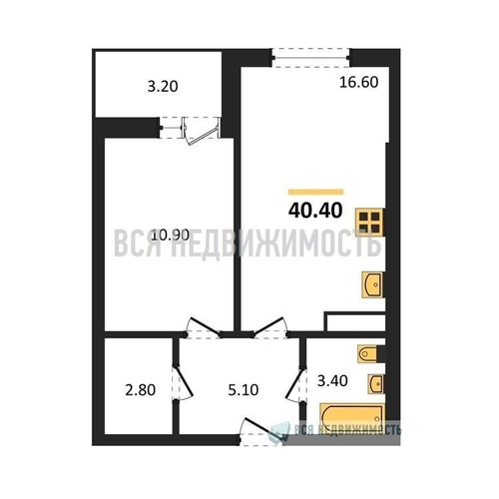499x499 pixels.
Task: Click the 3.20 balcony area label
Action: (x=163, y=87)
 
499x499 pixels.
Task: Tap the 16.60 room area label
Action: (x=359, y=82)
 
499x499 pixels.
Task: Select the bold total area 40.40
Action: (x=315, y=211)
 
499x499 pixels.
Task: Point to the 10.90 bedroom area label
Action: (x=171, y=236)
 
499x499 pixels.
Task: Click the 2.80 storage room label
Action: (x=141, y=390)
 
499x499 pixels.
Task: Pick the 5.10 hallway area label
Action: (x=244, y=390)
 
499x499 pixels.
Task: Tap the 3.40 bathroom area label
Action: (x=332, y=380)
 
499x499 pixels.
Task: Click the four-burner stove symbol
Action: (x=370, y=223)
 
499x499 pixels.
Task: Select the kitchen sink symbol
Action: (x=372, y=284)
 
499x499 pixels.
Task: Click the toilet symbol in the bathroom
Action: (x=367, y=354)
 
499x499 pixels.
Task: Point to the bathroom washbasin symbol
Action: (x=376, y=383)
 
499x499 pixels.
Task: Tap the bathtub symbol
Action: (x=352, y=416)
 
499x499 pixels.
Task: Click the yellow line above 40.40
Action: (x=315, y=192)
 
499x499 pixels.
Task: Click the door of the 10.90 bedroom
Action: (x=203, y=326)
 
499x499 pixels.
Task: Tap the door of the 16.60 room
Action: (x=269, y=326)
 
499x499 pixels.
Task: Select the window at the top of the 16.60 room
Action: (x=310, y=58)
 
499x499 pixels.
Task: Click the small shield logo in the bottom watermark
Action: (x=280, y=430)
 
